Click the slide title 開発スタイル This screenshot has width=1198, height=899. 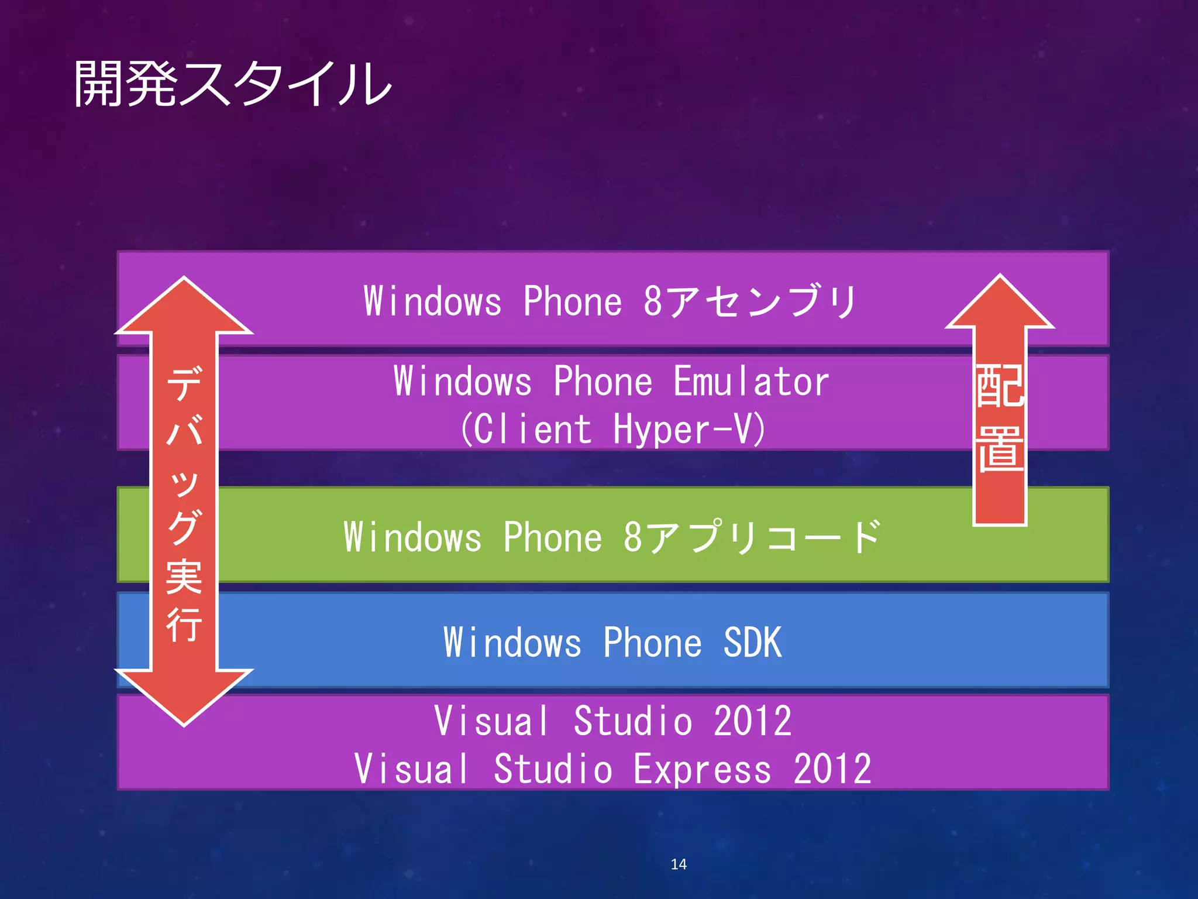point(232,84)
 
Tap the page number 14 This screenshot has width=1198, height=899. point(679,864)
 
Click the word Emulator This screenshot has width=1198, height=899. point(751,382)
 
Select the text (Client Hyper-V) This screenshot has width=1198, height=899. point(612,429)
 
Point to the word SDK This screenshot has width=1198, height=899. point(752,643)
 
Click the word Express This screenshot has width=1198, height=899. point(702,769)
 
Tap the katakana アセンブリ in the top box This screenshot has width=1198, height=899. point(760,301)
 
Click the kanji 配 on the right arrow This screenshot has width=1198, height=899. point(1000,386)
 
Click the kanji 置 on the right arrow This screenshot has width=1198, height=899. point(1000,449)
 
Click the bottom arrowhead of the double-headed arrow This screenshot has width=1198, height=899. point(184,696)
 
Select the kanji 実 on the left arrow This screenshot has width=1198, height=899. point(184,577)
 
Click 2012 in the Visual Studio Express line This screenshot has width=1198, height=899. point(832,769)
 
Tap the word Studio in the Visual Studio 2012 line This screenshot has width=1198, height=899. point(632,721)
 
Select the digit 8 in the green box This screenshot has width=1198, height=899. point(632,537)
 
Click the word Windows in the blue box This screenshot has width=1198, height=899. point(512,643)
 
